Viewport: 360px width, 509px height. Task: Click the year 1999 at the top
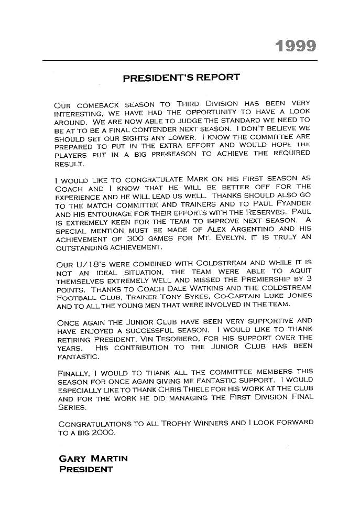point(296,47)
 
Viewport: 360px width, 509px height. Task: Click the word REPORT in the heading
point(214,78)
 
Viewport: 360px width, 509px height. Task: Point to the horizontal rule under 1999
point(180,61)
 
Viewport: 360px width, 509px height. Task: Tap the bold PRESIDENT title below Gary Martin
point(85,469)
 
